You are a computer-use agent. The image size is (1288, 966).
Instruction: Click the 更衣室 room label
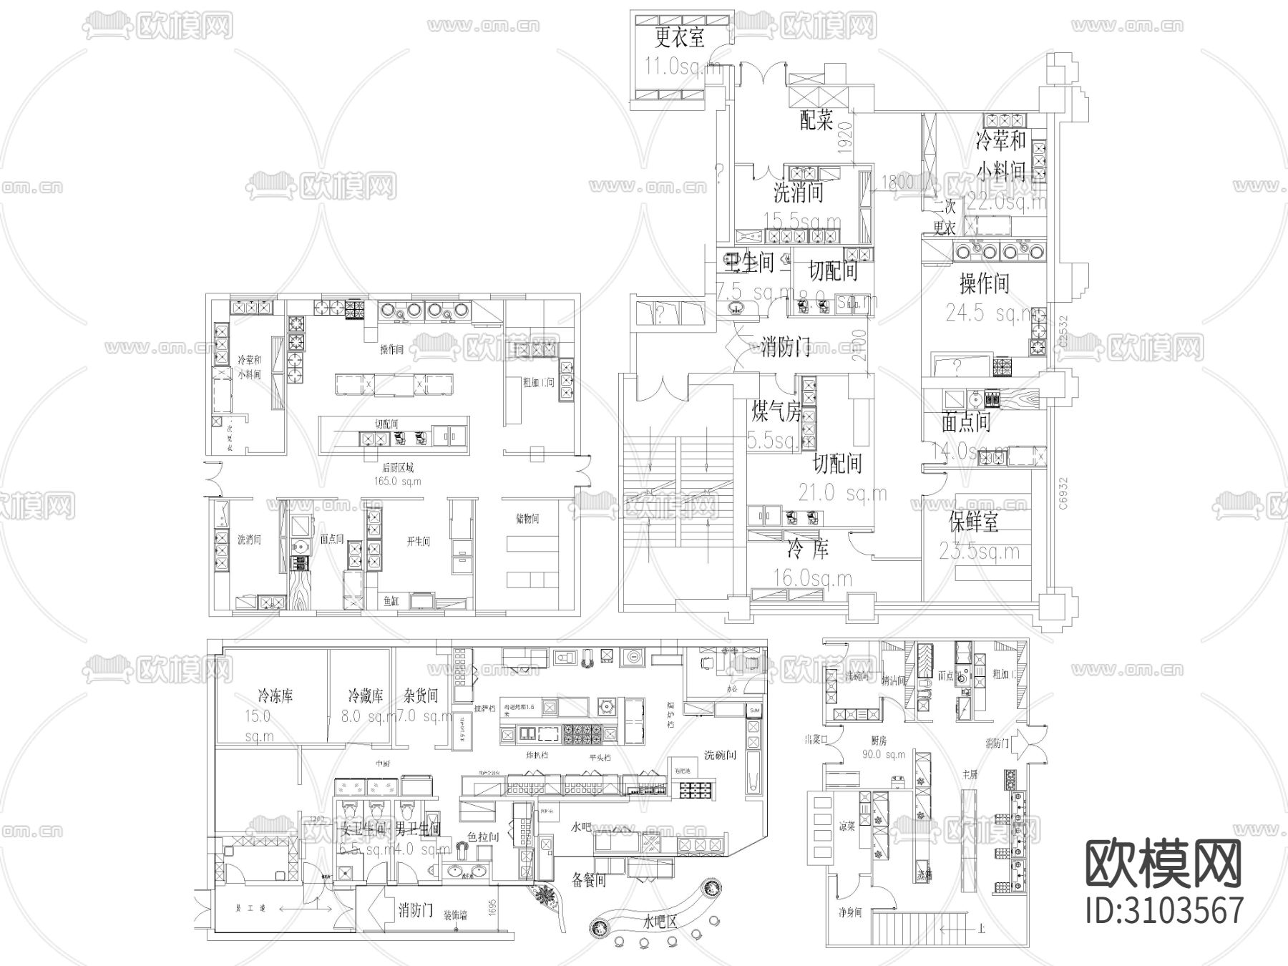(x=680, y=37)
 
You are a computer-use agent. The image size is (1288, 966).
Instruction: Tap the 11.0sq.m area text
(x=683, y=68)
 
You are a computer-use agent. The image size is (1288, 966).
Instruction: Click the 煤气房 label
(x=776, y=411)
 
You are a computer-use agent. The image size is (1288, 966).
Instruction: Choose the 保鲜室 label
(x=973, y=522)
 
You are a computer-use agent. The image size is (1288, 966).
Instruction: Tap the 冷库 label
(x=808, y=550)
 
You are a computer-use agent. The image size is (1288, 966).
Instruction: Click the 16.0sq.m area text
(x=813, y=577)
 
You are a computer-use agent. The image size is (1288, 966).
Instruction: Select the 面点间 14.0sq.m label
(x=966, y=422)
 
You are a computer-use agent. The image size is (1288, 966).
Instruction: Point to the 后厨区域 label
(x=398, y=468)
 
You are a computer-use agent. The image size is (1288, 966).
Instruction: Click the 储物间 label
(x=527, y=519)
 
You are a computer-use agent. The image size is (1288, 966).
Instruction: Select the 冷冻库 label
(x=275, y=695)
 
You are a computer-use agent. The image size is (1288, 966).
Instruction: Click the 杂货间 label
(x=420, y=695)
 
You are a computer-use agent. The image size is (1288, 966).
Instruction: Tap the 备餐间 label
(x=589, y=879)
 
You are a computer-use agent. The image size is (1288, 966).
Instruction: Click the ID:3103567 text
(x=1165, y=911)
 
